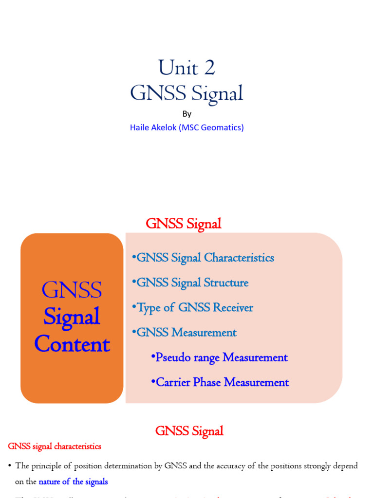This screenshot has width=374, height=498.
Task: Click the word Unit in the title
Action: tap(177, 68)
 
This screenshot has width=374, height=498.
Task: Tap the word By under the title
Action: tap(187, 114)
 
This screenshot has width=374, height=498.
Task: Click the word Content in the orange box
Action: tap(72, 345)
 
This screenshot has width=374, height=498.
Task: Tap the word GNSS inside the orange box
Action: tap(72, 290)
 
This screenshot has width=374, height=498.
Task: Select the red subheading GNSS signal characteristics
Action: tap(55, 446)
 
